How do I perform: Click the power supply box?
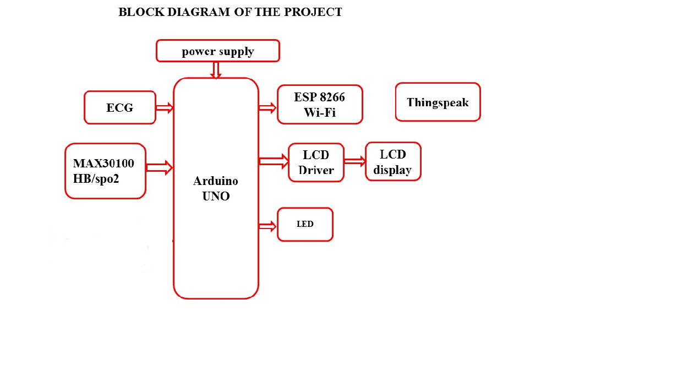218,51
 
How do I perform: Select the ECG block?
120,107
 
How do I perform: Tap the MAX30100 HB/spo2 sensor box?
105,171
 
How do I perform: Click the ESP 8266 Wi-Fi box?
320,104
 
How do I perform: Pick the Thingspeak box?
438,102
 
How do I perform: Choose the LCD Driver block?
316,162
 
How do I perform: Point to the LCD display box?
393,161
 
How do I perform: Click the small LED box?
305,224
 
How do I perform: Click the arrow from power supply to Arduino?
216,70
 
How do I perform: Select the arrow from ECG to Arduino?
165,108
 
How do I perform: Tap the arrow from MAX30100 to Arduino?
160,167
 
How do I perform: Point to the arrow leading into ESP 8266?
267,108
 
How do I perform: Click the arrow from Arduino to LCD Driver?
274,161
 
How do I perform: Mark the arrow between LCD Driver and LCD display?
355,161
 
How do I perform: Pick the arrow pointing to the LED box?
267,226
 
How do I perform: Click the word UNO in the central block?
216,195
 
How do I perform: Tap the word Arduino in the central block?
216,181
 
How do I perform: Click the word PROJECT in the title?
313,12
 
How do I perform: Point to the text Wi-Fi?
320,112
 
